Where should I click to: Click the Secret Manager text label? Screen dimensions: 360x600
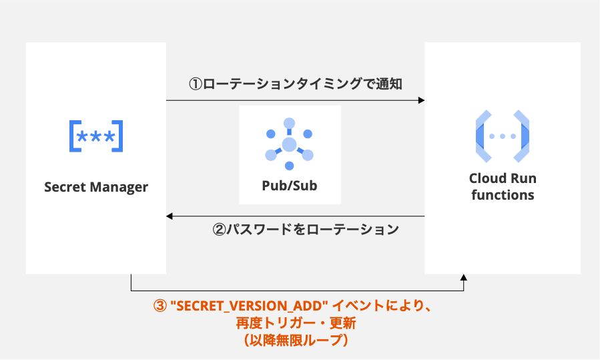tap(96, 187)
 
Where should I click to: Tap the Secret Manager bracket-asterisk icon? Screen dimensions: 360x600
tap(96, 137)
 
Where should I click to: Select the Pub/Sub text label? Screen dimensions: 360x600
tap(290, 186)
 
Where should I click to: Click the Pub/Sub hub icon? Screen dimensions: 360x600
tap(289, 144)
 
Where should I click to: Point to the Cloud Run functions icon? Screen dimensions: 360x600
tap(502, 136)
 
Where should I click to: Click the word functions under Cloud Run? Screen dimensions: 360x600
tap(502, 195)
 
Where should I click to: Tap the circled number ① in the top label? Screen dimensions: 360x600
tap(195, 84)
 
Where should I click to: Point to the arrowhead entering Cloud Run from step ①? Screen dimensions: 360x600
tap(421, 100)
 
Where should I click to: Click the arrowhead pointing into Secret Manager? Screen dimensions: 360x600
tap(170, 216)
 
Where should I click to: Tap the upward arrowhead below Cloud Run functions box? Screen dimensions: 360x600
tap(464, 277)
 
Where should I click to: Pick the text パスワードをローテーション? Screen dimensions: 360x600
tap(313, 230)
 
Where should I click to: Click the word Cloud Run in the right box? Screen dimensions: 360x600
tap(502, 178)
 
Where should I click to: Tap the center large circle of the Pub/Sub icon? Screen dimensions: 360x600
tap(289, 144)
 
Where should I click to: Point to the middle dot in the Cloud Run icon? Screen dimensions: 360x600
tap(502, 136)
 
